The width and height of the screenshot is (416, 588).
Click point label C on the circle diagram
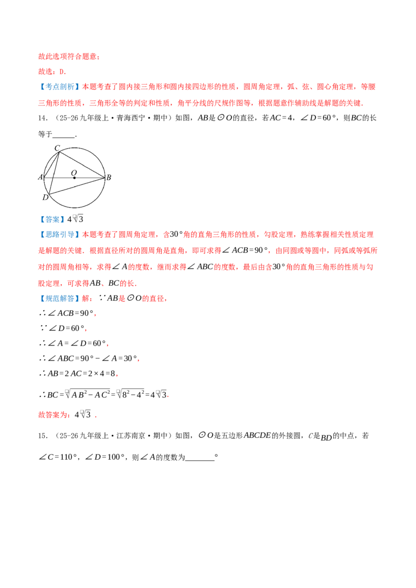pos(57,148)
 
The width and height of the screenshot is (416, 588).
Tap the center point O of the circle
pos(74,178)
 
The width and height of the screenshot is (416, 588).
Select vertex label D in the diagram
pos(45,197)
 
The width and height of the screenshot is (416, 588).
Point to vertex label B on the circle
pos(109,177)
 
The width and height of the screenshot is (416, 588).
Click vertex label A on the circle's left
pos(41,177)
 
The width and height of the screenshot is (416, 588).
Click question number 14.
pos(43,118)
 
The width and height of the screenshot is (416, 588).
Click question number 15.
pos(43,436)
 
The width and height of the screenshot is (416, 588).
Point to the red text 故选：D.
pos(52,72)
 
